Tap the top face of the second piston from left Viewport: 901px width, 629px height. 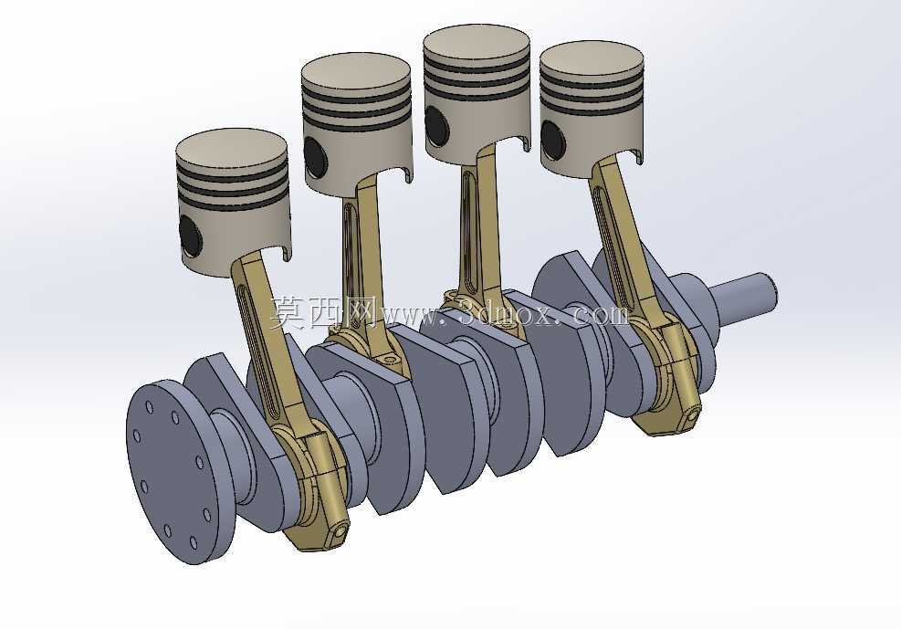point(356,73)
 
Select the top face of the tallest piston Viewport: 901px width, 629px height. point(477,44)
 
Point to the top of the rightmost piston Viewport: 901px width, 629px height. point(592,58)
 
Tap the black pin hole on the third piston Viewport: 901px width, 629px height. point(436,125)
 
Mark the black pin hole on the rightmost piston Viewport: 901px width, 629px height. point(553,140)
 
